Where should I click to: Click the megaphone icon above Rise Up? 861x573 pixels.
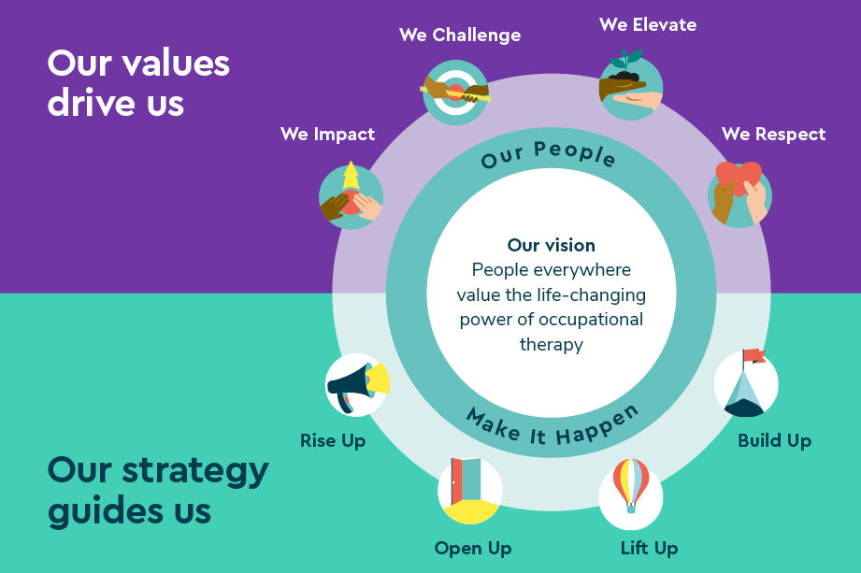point(356,383)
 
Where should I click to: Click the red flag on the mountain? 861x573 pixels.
point(753,356)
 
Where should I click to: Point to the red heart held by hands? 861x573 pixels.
point(738,179)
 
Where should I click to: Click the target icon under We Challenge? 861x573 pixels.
point(455,91)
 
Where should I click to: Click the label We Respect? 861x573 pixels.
point(773,135)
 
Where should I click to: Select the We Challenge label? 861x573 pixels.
point(460,36)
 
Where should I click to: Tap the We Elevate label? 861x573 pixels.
point(648,25)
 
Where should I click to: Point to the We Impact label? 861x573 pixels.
point(327,135)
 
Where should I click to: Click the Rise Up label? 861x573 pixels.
point(333,440)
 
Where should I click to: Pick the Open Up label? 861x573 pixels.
point(473,548)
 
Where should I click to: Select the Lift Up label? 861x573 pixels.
point(649,548)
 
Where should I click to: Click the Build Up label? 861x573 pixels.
point(774,440)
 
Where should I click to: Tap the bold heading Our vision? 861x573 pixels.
point(552,246)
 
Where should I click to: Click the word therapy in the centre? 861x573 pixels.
point(552,344)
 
